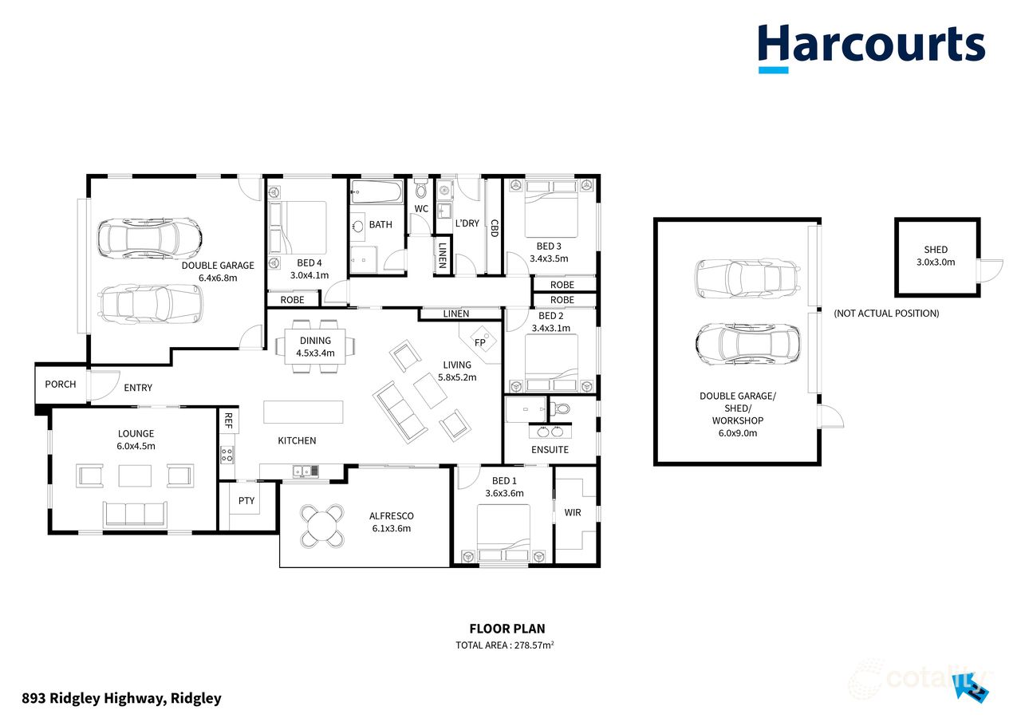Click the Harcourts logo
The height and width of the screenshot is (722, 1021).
tap(871, 46)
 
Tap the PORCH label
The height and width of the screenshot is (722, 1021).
tap(61, 384)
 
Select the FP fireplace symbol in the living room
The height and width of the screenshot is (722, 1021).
tap(481, 342)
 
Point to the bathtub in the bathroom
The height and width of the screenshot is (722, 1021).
tap(376, 191)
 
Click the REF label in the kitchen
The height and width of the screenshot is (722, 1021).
tap(227, 420)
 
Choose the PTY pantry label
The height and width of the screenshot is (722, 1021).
tap(246, 501)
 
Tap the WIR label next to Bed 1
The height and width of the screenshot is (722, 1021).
tap(573, 512)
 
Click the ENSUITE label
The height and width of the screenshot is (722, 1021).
tap(550, 450)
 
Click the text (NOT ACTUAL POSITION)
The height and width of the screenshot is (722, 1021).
tap(886, 314)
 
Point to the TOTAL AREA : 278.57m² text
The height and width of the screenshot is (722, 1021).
tap(504, 645)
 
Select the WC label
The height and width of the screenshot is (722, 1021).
tap(421, 209)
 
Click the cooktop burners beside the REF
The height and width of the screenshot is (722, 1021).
tap(227, 455)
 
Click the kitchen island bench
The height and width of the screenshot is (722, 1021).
tap(304, 412)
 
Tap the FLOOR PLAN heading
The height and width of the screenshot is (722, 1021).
tap(507, 629)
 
